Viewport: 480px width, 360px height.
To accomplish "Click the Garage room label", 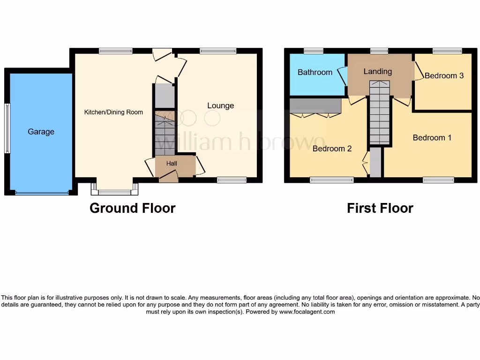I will pyautogui.click(x=41, y=132).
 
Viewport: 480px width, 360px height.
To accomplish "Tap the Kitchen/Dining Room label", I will pyautogui.click(x=113, y=112).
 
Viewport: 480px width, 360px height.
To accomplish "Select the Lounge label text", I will pyautogui.click(x=220, y=105).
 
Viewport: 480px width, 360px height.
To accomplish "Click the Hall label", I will pyautogui.click(x=172, y=164).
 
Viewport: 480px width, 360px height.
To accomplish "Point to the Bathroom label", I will pyautogui.click(x=315, y=72).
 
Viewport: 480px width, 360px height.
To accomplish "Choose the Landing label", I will pyautogui.click(x=377, y=71).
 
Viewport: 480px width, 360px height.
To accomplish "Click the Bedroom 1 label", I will pyautogui.click(x=432, y=138).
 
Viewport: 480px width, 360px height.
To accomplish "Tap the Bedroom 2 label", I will pyautogui.click(x=332, y=149).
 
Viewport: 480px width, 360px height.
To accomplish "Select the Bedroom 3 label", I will pyautogui.click(x=444, y=75).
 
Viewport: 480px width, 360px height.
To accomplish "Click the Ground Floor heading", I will pyautogui.click(x=132, y=208).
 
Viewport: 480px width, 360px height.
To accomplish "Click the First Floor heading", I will pyautogui.click(x=380, y=208).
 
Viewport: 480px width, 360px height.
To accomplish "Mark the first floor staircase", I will pyautogui.click(x=379, y=113).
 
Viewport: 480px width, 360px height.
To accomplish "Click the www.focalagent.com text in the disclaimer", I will pyautogui.click(x=307, y=312).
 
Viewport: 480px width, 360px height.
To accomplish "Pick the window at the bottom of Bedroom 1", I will pyautogui.click(x=438, y=180).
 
